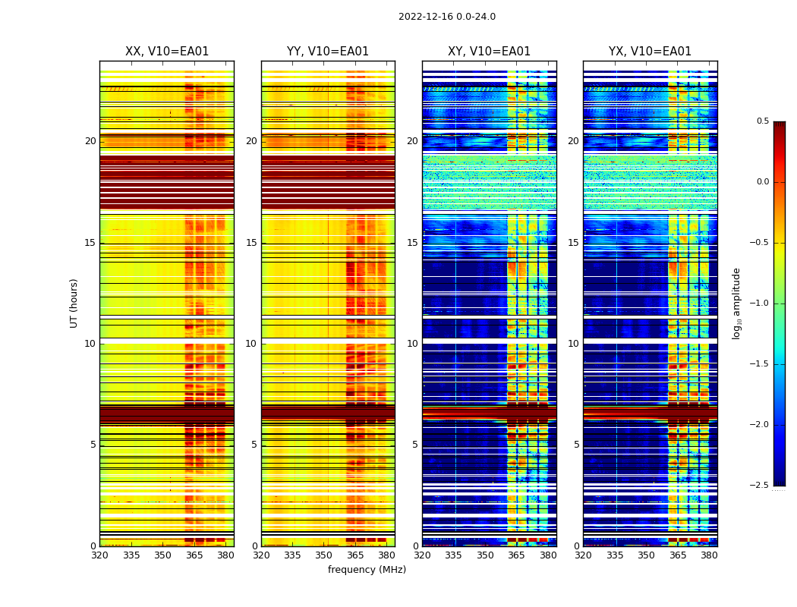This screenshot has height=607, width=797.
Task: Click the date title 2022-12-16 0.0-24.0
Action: (x=446, y=17)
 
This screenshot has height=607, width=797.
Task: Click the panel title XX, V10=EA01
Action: (x=167, y=52)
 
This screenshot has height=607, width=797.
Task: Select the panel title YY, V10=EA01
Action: (x=328, y=52)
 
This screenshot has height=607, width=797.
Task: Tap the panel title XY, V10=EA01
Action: (x=489, y=52)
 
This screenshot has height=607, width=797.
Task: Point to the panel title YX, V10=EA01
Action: (x=650, y=52)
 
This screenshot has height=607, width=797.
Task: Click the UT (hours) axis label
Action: (x=74, y=303)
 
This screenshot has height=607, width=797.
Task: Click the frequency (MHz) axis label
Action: (x=367, y=570)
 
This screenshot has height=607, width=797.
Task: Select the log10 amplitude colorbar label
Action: (x=736, y=303)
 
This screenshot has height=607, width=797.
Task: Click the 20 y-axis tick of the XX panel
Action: (x=90, y=141)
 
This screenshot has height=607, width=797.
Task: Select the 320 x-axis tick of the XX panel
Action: (x=99, y=555)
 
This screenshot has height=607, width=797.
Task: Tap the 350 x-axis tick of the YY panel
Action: (x=324, y=555)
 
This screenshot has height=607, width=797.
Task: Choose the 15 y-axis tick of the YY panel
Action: (x=251, y=243)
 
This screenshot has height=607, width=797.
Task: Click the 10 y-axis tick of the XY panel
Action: (x=412, y=344)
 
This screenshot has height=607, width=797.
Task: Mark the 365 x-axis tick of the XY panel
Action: (x=516, y=555)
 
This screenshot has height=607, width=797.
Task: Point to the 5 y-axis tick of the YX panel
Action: (x=576, y=445)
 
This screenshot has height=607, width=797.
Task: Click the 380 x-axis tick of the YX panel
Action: (x=709, y=555)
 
